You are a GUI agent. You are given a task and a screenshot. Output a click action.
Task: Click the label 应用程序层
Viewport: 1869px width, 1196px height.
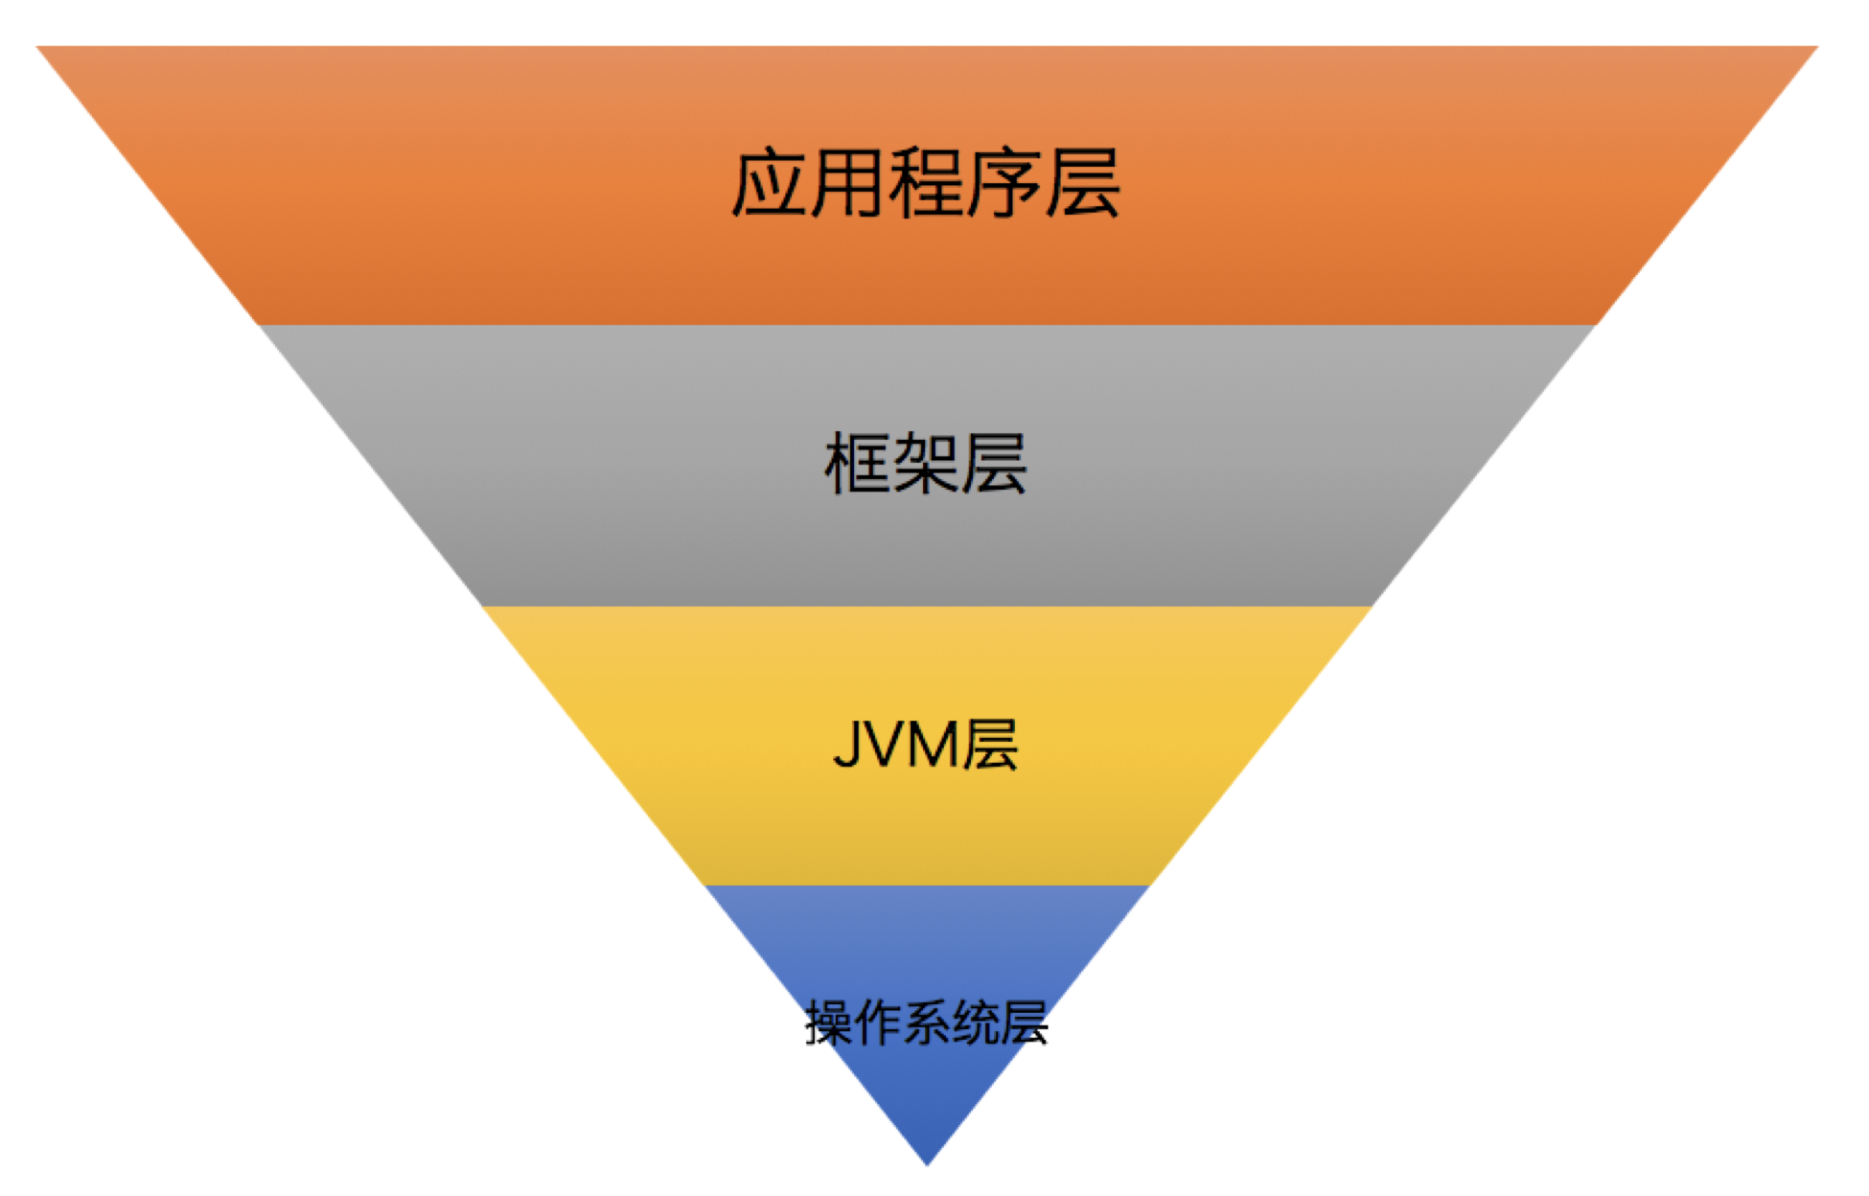click(926, 183)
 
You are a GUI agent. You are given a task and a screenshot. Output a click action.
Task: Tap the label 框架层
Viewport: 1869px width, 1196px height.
click(926, 464)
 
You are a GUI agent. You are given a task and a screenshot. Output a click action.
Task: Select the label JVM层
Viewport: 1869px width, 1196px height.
click(926, 745)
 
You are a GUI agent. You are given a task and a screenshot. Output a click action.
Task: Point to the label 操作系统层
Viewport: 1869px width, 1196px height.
click(926, 1023)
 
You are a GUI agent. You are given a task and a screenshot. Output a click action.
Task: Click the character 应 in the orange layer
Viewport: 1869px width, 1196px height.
click(768, 183)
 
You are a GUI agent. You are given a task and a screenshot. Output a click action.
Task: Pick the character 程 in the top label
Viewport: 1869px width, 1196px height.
click(926, 183)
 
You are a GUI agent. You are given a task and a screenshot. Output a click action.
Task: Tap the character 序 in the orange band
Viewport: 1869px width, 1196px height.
click(1004, 183)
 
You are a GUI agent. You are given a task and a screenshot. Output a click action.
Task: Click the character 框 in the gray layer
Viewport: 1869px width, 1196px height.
click(858, 464)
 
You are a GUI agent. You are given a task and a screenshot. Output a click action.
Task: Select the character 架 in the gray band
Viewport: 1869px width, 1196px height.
click(926, 464)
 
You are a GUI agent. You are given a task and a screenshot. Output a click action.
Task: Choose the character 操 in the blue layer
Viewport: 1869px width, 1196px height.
click(829, 1023)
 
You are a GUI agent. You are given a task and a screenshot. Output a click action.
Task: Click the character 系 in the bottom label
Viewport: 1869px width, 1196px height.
click(927, 1023)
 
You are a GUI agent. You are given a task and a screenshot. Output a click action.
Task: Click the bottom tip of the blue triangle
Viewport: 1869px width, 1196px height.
click(927, 1162)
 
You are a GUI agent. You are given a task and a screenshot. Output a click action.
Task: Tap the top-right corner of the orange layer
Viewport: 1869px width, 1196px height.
click(1814, 48)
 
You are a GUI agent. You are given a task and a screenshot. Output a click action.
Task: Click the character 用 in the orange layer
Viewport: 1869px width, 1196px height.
click(847, 183)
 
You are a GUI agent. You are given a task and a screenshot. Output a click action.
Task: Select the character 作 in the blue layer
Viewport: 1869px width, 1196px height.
click(878, 1023)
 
